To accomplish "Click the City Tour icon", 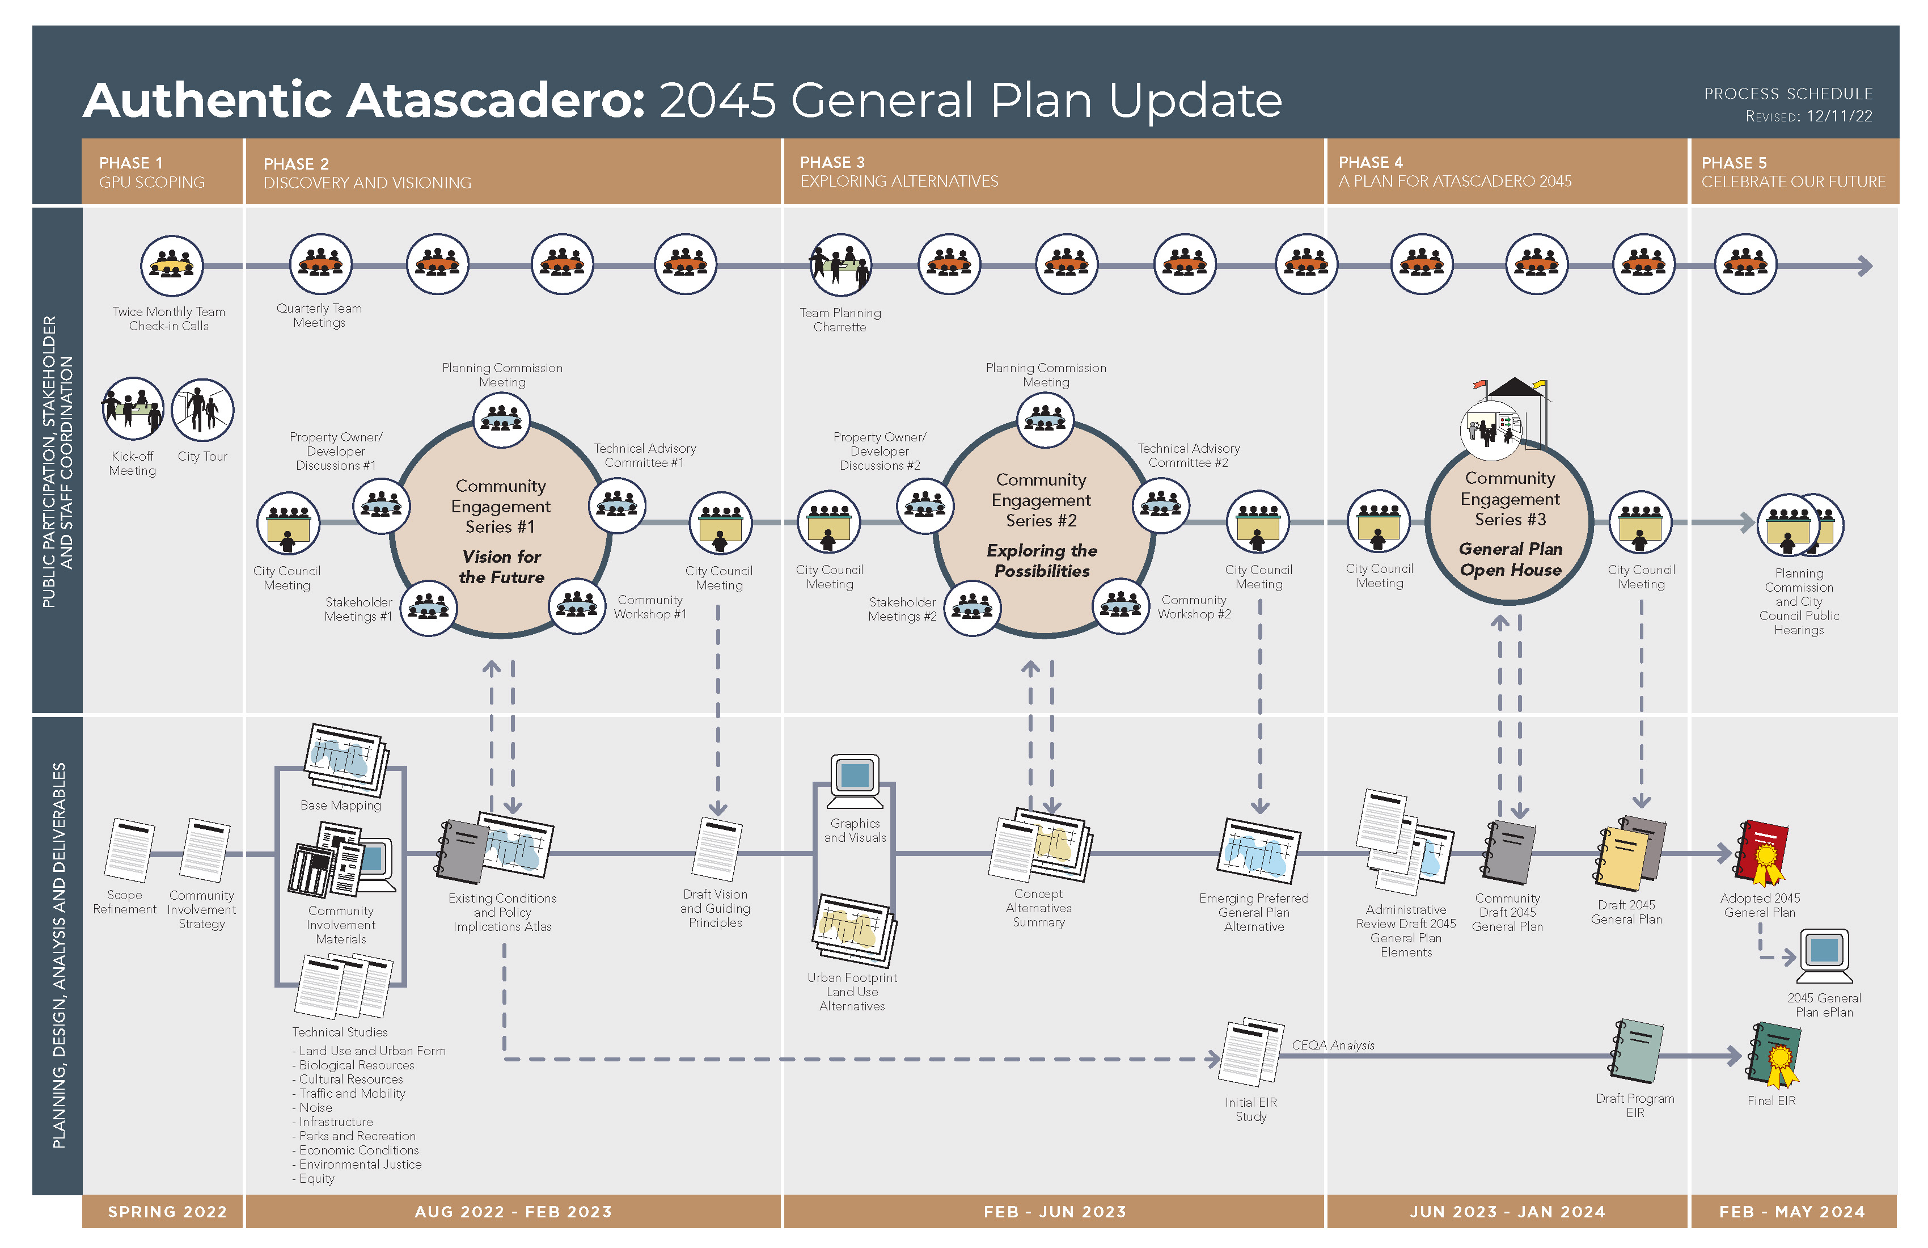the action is [202, 410].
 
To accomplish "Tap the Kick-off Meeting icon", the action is [133, 409].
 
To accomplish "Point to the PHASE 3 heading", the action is [832, 162].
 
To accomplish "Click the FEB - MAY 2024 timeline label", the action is [1792, 1212].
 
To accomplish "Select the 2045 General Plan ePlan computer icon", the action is [1824, 956].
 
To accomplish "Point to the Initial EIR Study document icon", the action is [1251, 1052].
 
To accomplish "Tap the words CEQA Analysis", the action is [1333, 1045].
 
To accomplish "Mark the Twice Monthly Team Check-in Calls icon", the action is [172, 265].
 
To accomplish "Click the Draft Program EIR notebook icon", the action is [1637, 1052].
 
